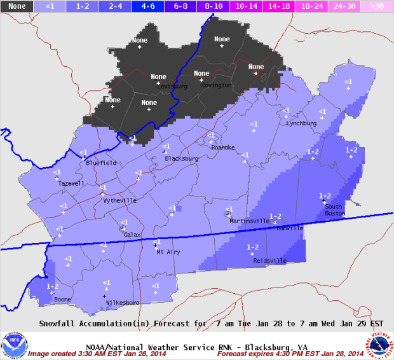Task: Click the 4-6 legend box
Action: (x=148, y=6)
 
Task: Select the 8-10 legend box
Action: (x=214, y=6)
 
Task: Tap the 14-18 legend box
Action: (x=280, y=6)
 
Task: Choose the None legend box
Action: (x=17, y=6)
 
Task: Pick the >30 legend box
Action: (x=377, y=6)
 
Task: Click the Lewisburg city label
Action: (x=170, y=85)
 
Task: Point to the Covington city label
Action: (x=217, y=85)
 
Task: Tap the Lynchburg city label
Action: (x=301, y=123)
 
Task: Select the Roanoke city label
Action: (x=223, y=148)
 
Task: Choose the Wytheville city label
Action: (x=119, y=200)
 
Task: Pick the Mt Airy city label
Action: (x=168, y=252)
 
